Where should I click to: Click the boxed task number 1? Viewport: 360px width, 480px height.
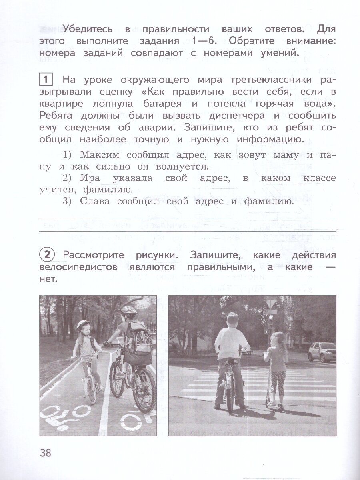tap(45, 80)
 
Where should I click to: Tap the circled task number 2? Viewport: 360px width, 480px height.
tap(47, 255)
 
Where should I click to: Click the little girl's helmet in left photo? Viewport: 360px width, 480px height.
tap(83, 324)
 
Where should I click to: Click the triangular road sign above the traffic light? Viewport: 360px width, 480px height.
tap(271, 303)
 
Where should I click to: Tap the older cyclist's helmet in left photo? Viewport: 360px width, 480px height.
tap(129, 310)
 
